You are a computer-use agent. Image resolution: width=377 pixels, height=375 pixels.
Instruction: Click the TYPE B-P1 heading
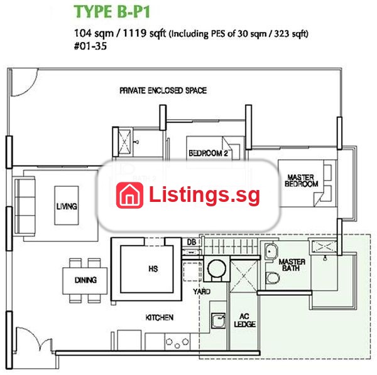tap(112, 12)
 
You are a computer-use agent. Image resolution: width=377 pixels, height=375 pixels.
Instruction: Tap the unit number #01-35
tap(90, 46)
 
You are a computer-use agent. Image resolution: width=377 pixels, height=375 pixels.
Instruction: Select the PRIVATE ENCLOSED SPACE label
tap(163, 90)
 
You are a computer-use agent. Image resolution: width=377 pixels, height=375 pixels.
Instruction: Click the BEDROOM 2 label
tap(208, 153)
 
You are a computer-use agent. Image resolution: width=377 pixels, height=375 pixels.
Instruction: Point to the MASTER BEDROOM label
tap(301, 181)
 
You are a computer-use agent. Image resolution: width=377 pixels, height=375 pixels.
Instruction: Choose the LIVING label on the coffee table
tap(67, 206)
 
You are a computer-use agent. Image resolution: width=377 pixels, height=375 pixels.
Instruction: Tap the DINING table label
tap(85, 280)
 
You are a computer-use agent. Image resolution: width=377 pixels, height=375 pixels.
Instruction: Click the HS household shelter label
tap(153, 269)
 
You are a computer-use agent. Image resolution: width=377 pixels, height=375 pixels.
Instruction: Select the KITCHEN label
tap(160, 318)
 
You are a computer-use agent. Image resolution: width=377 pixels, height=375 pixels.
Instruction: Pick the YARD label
tap(202, 292)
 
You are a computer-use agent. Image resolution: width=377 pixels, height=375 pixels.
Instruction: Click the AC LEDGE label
tap(245, 320)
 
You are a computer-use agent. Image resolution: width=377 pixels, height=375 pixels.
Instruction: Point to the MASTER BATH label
tap(292, 265)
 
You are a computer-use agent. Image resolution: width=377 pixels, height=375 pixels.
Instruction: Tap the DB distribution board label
tap(192, 242)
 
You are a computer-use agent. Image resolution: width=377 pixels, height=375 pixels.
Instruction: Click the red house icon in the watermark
tap(129, 195)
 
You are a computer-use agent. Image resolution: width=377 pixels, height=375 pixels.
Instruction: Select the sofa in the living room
tap(25, 206)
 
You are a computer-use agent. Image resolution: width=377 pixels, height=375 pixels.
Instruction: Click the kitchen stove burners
tap(177, 342)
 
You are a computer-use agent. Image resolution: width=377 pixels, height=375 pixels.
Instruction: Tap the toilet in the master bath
tap(273, 278)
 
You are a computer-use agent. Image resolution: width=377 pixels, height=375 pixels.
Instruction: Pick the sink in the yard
tap(218, 320)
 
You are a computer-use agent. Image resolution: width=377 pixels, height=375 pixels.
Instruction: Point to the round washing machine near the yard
tap(217, 268)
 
